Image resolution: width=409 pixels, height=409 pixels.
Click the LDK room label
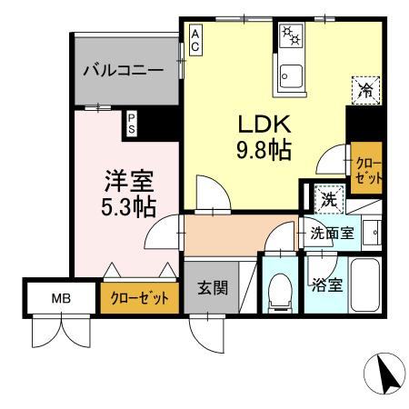(x=264, y=124)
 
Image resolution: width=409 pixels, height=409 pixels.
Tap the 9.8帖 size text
(x=264, y=149)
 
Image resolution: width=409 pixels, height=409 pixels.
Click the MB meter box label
(x=60, y=298)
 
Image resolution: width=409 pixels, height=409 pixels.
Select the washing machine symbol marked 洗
(x=326, y=197)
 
